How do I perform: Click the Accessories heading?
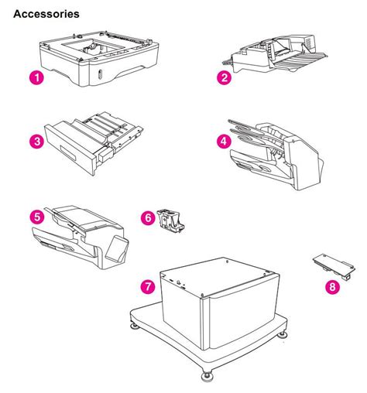coord(46,14)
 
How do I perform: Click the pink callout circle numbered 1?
coord(35,77)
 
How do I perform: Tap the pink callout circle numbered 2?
coord(223,77)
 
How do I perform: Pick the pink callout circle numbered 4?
coord(223,142)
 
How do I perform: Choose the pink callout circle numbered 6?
coord(148,219)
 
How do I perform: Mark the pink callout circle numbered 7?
coord(146,286)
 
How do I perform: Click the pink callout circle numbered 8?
coord(333,287)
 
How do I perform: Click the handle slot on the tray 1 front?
coord(101,75)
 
